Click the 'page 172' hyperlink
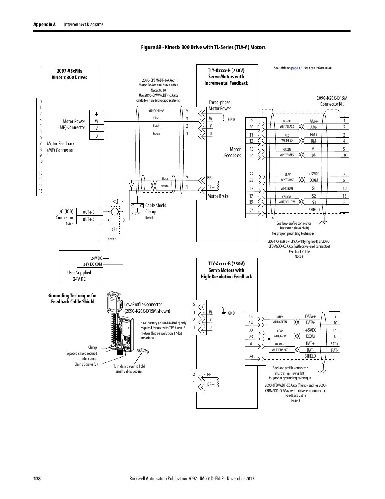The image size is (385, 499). click(x=297, y=68)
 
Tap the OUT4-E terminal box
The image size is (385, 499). click(x=88, y=212)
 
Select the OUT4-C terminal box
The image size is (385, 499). click(x=88, y=219)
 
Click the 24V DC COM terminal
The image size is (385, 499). click(x=92, y=264)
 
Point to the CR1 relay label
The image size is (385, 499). click(x=115, y=229)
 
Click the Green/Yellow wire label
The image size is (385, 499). click(x=156, y=110)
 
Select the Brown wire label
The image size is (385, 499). click(x=156, y=133)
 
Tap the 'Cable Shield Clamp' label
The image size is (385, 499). click(x=156, y=208)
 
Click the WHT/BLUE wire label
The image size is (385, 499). click(x=287, y=189)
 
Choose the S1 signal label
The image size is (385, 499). click(x=314, y=188)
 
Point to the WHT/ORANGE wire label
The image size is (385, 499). click(x=280, y=350)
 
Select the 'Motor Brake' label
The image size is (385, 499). click(x=218, y=196)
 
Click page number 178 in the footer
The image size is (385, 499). click(x=37, y=478)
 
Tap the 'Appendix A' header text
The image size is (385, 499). click(x=44, y=25)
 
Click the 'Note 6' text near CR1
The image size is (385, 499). click(x=112, y=239)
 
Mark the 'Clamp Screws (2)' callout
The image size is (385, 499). click(x=86, y=364)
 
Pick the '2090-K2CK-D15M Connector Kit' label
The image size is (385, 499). click(x=332, y=101)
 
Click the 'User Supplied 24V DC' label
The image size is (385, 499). click(x=79, y=276)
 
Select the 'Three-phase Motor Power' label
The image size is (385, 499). click(x=220, y=105)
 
